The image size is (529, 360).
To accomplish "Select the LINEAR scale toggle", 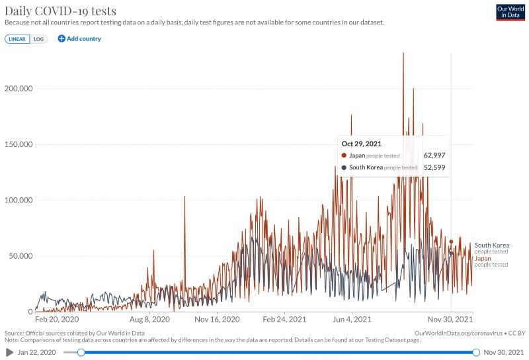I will point(17,39).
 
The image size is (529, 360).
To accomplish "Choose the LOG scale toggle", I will point(39,39).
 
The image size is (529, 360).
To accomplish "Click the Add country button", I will point(79,39).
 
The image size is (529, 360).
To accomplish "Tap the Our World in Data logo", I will point(510,12).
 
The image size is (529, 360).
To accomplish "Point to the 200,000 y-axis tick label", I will point(19,89).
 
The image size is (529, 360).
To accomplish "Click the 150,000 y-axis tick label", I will point(19,144).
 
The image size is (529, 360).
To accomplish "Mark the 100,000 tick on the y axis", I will point(19,200).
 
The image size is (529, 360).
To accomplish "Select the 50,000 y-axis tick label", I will point(20,256).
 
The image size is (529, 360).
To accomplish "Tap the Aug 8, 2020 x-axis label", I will point(149,319).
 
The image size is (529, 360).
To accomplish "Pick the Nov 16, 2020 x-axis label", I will point(218,319).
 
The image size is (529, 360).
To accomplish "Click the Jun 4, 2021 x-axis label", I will point(352,319).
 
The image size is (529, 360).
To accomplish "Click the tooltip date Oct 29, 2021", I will point(361,144).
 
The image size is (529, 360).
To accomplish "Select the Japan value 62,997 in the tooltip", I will point(434,156).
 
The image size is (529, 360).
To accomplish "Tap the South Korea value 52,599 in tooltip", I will point(434,167).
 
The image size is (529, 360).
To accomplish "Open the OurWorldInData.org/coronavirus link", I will point(457,333).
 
